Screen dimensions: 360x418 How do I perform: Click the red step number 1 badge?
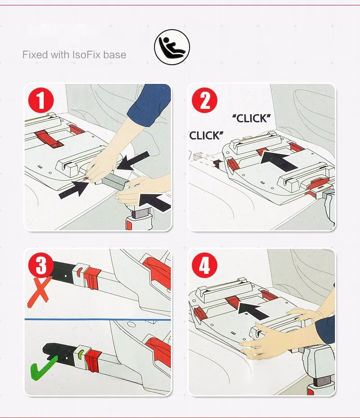click(x=41, y=100)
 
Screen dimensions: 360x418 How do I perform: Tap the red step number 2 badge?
click(x=205, y=100)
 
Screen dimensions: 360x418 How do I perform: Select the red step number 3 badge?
click(x=41, y=265)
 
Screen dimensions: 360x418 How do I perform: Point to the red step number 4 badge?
click(x=205, y=265)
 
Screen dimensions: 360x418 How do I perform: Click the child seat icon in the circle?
click(x=172, y=47)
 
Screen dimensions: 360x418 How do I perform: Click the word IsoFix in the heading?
click(x=87, y=55)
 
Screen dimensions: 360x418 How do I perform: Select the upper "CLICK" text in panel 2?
click(x=251, y=119)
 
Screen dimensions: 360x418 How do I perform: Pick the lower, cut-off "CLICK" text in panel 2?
click(x=206, y=135)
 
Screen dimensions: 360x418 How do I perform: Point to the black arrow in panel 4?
click(x=253, y=310)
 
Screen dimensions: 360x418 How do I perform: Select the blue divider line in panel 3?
click(x=98, y=319)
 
